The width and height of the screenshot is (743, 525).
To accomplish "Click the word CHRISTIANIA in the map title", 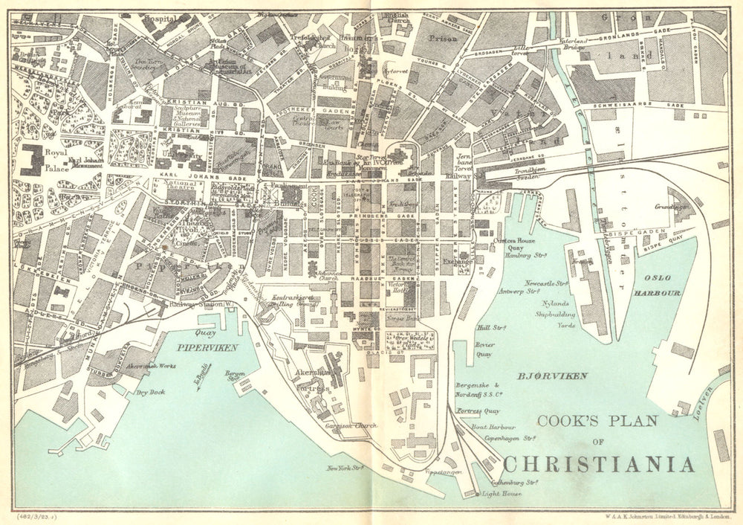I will pos(599,465).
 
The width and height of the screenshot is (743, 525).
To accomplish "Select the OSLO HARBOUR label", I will pos(657,287).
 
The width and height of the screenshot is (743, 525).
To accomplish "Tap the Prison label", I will pos(443,35).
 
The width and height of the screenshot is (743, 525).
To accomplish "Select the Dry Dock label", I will pos(151,392).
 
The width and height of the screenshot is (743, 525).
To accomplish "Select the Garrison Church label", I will pos(353,426).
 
